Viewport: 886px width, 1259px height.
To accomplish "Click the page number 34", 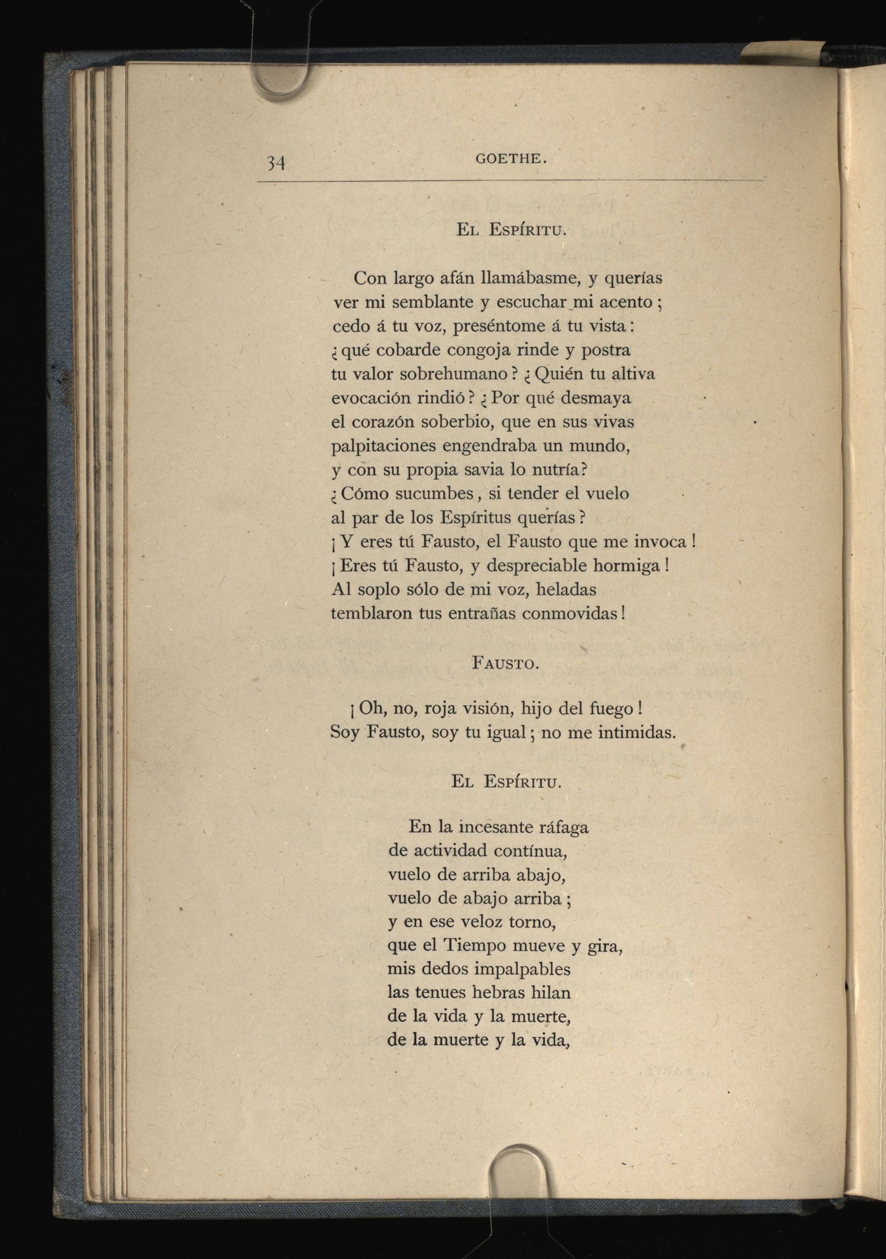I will tap(276, 162).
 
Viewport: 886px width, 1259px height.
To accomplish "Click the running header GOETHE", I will tap(511, 159).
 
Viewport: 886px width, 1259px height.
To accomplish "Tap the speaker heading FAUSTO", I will tap(505, 663).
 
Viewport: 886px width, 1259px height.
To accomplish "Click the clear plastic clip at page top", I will tap(279, 77).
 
